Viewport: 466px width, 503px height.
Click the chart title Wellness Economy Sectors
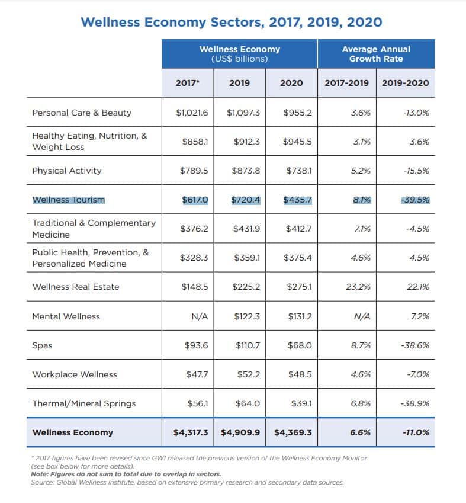[x=231, y=22]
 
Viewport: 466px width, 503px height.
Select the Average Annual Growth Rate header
[x=375, y=53]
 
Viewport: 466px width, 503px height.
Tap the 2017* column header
[x=187, y=83]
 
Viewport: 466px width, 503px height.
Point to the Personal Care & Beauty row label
[x=82, y=113]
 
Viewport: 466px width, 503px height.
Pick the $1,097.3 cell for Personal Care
[x=243, y=113]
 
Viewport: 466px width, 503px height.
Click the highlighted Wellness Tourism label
[x=68, y=200]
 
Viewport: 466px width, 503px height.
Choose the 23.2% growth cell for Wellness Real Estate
[x=358, y=287]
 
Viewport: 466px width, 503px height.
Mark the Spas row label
[x=42, y=345]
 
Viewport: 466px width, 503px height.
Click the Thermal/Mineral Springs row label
[x=83, y=403]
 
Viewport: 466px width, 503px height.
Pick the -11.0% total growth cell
[x=416, y=432]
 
